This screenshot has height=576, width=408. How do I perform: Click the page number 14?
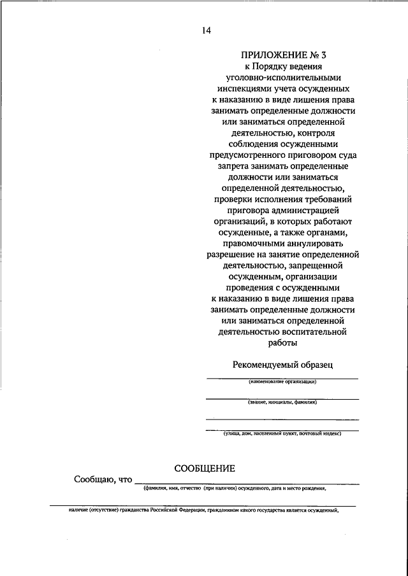pyautogui.click(x=206, y=31)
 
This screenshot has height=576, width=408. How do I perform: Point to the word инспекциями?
pyautogui.click(x=240, y=88)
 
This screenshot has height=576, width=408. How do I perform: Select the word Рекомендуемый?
pyautogui.click(x=263, y=365)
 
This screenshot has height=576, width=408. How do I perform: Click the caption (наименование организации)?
pyautogui.click(x=282, y=382)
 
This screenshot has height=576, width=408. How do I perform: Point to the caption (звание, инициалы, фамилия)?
pyautogui.click(x=282, y=402)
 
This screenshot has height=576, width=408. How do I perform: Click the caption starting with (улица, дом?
pyautogui.click(x=282, y=433)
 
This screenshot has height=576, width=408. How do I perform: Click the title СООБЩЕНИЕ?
pyautogui.click(x=205, y=468)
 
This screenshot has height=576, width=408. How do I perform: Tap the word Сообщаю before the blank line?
pyautogui.click(x=92, y=480)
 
